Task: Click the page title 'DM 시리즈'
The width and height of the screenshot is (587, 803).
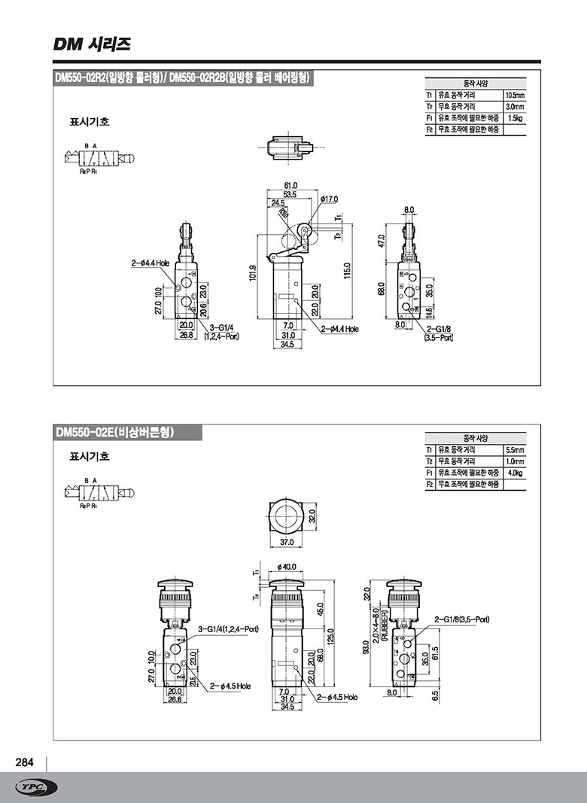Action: tap(93, 44)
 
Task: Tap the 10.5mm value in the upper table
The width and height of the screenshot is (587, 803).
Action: tap(514, 96)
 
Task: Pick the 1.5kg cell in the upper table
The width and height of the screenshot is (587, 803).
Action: tap(514, 118)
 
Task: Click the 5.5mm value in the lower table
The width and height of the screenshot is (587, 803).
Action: tap(514, 450)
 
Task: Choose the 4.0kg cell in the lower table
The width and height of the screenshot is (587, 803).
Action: tap(514, 473)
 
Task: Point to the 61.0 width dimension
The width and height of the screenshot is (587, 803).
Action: tap(290, 185)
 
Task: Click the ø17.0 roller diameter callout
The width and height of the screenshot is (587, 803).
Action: tap(329, 199)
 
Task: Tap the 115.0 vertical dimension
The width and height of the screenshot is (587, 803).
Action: tap(348, 269)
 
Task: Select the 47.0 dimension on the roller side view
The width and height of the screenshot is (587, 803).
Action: tap(381, 241)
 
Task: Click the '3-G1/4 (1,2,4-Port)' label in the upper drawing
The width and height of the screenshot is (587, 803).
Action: tap(224, 332)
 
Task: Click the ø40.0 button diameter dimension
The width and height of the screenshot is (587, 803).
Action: tap(287, 566)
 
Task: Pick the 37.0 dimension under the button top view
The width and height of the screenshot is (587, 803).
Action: tap(287, 542)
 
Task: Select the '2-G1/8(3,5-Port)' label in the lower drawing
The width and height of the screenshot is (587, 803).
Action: tap(461, 619)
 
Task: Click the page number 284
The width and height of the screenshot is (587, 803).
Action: tap(25, 762)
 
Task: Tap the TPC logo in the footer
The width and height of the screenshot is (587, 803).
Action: tap(36, 787)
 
